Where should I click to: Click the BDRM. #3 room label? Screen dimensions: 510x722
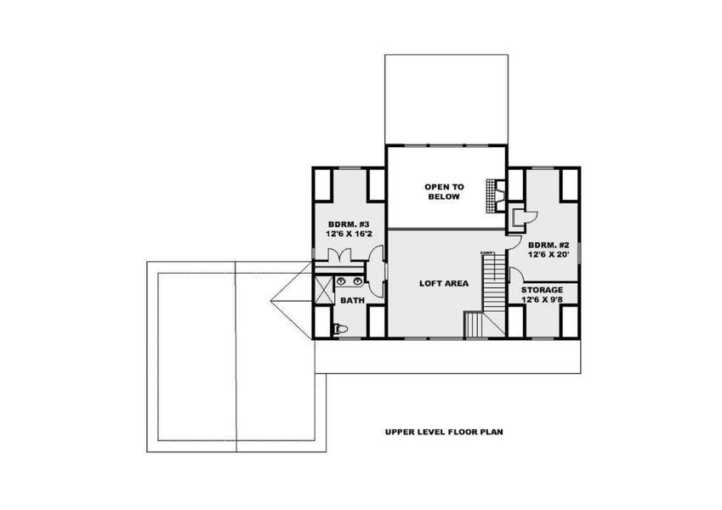350,224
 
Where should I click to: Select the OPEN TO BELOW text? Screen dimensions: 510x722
444,190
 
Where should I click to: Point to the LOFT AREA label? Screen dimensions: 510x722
444,283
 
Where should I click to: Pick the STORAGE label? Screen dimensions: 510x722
542,290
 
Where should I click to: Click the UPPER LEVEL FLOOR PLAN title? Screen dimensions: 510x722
443,431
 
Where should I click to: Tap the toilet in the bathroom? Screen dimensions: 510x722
339,328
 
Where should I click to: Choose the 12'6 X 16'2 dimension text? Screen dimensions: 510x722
350,234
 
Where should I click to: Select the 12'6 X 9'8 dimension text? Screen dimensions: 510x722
542,299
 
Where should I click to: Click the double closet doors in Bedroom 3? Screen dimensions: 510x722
338,254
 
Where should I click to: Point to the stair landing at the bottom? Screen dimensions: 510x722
473,324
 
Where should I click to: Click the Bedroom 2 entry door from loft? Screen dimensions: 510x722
513,240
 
